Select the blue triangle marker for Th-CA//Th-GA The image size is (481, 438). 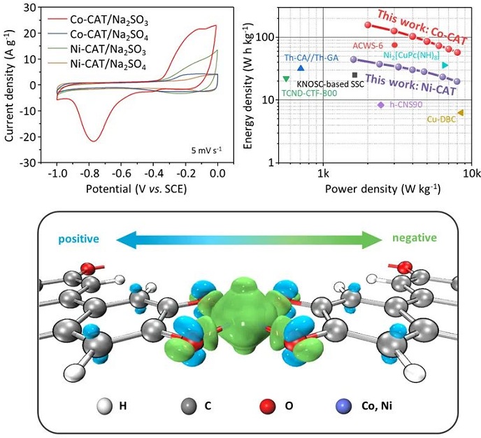tap(301, 68)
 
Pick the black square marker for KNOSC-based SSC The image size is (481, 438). tap(355, 75)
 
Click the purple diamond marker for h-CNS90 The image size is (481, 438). tap(380, 105)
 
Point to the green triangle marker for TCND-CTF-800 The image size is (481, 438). tap(286, 79)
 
